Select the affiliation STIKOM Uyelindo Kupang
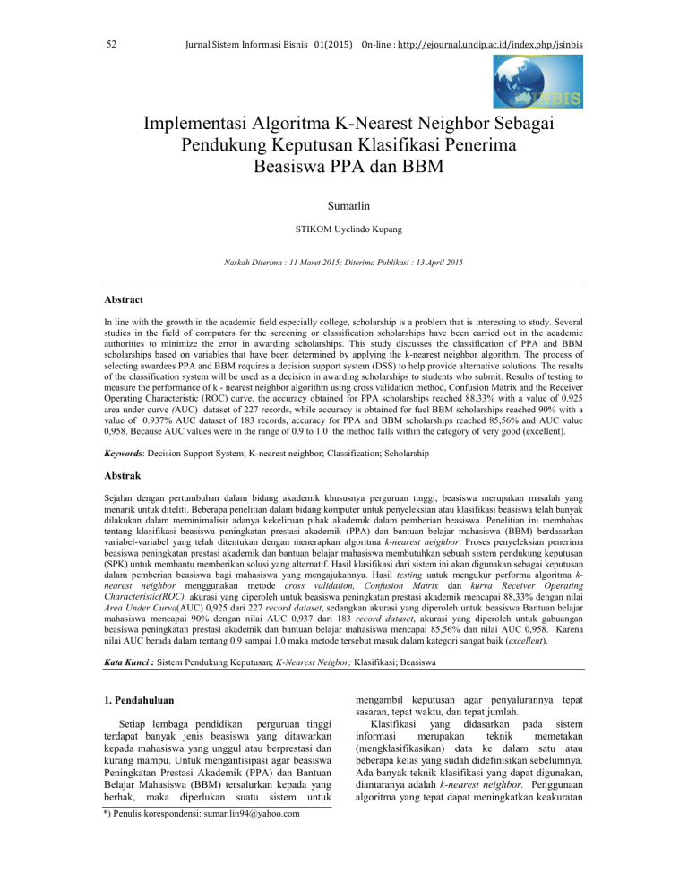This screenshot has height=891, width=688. pos(344,229)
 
